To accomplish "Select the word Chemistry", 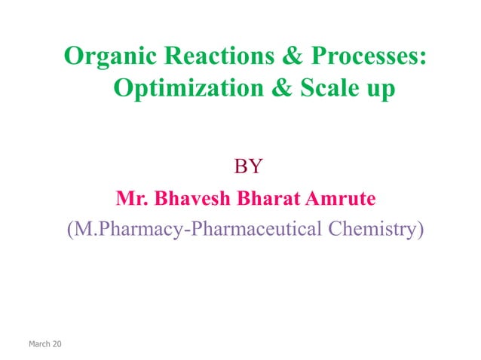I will [369, 229].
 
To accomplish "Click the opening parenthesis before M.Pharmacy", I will [69, 229].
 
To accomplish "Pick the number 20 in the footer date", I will [58, 345].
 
